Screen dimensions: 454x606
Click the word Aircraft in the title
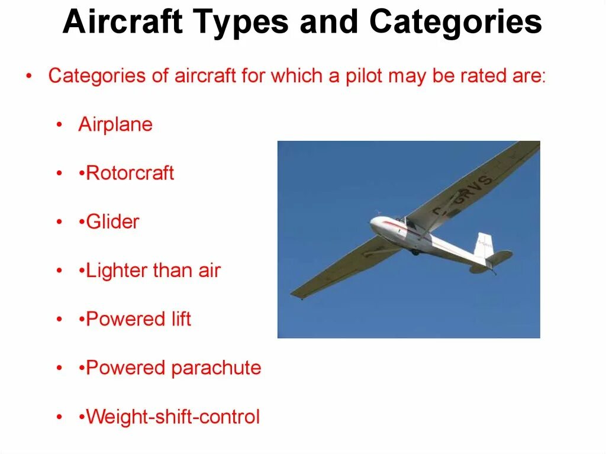click(123, 22)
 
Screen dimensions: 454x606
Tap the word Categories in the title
click(456, 22)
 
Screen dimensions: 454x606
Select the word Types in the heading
click(243, 22)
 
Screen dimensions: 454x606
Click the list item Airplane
click(115, 125)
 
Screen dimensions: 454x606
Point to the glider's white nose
click(377, 224)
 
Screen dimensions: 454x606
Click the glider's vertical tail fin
click(485, 244)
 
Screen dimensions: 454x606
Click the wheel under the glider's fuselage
click(415, 252)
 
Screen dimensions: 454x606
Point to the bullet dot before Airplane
click(59, 125)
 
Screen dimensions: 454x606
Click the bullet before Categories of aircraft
click(29, 77)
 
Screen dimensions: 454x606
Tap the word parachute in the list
click(216, 368)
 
